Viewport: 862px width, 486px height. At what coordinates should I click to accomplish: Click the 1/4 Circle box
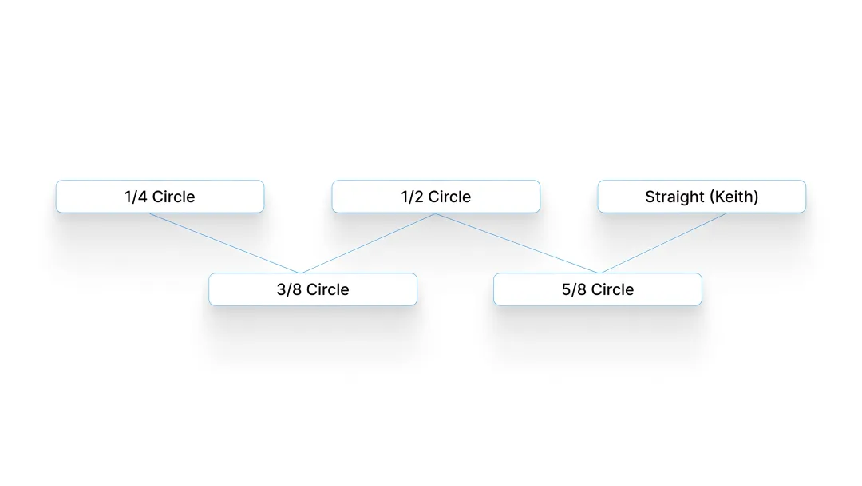click(x=160, y=197)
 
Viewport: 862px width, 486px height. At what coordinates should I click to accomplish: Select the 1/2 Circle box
click(x=436, y=197)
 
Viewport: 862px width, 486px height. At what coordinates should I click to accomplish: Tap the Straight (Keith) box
click(x=702, y=197)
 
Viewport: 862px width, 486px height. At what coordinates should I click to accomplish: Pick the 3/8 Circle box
click(x=313, y=289)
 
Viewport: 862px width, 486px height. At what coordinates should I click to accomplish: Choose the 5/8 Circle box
click(x=598, y=289)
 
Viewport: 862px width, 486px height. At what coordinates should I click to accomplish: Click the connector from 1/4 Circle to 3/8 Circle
click(x=225, y=243)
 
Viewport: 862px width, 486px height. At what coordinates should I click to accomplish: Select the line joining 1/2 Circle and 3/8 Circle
click(x=368, y=243)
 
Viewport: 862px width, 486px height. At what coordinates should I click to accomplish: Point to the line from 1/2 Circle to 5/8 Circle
click(x=517, y=243)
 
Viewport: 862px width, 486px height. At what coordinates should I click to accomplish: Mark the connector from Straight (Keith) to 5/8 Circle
click(x=663, y=243)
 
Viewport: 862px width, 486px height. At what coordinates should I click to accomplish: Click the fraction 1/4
click(x=136, y=197)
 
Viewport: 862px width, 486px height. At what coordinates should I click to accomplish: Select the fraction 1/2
click(x=413, y=197)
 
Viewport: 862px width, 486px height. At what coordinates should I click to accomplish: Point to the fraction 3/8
click(x=289, y=289)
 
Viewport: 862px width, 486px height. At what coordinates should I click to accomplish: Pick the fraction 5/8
click(x=574, y=289)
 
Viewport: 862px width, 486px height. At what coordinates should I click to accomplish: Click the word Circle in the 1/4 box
click(x=174, y=197)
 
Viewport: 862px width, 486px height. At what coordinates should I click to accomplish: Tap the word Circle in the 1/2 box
click(x=449, y=197)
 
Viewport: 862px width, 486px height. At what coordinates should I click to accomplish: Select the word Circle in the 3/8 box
click(x=328, y=289)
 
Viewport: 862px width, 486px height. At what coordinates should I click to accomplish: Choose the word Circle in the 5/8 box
click(x=612, y=289)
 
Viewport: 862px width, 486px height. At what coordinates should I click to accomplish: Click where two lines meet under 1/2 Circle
click(x=436, y=213)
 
